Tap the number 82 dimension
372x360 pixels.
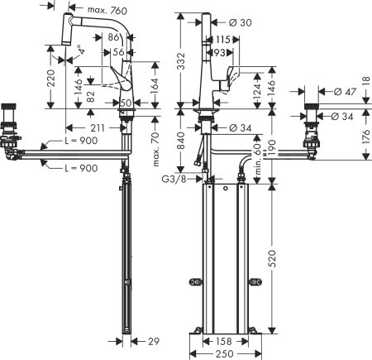point(88,98)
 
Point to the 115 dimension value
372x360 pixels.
point(222,40)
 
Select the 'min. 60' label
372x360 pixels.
point(257,157)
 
